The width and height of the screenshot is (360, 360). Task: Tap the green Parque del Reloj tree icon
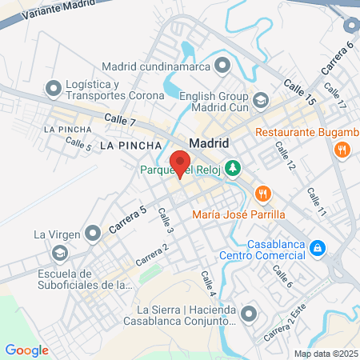point(233,169)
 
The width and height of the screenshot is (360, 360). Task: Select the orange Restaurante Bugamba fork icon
point(342,149)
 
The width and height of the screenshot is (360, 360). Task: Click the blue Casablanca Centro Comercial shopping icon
point(318,248)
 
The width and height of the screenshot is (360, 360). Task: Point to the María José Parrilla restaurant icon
point(262,193)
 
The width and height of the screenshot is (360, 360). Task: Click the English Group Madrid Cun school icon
point(261,100)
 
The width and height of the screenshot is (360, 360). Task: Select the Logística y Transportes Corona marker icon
point(54,86)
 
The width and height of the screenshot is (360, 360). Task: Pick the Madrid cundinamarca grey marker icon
point(223,65)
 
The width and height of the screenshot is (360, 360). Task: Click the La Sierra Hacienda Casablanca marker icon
point(249,312)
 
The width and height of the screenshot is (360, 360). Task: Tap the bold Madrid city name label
point(209,143)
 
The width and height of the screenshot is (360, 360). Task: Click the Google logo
point(26,350)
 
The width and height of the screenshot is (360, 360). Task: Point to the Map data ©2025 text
point(325,354)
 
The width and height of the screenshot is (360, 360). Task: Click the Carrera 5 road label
point(127,218)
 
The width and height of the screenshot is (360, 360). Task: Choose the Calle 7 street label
point(120,121)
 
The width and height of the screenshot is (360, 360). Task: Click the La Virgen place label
point(53,235)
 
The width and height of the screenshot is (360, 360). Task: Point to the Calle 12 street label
point(286,155)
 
